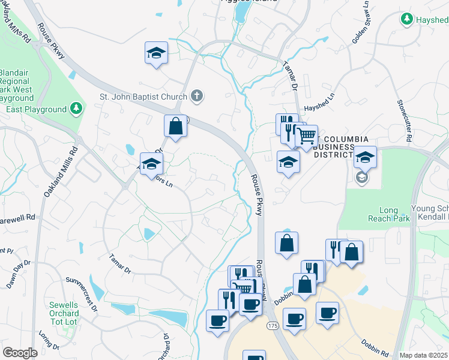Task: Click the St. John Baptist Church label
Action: tap(143, 95)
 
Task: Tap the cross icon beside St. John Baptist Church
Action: tap(196, 95)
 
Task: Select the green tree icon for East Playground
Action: tap(76, 109)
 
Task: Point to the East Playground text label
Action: tap(35, 109)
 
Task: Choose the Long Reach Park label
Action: tap(394, 214)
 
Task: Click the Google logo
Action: tap(20, 353)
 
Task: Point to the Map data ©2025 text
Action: tap(423, 355)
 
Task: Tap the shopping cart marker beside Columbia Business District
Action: tap(307, 137)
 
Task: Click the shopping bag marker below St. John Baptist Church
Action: tap(175, 127)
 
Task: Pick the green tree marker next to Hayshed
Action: tap(407, 19)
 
